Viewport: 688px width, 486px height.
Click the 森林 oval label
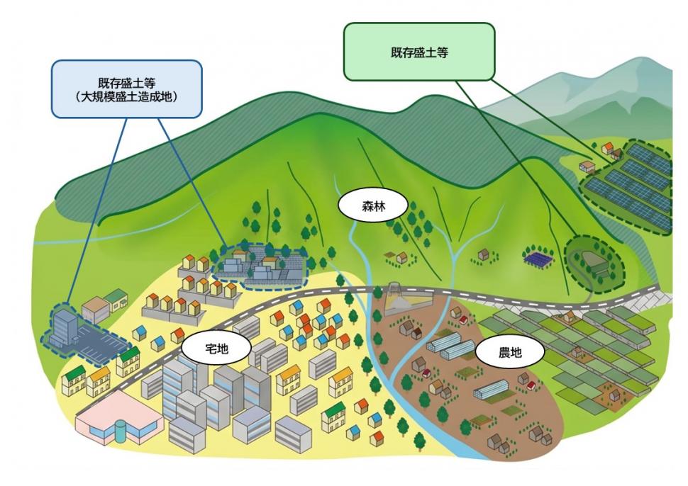[373, 205]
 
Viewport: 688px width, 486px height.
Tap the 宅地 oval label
[216, 349]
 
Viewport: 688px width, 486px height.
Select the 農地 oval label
[509, 352]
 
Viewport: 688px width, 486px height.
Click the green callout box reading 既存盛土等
[419, 52]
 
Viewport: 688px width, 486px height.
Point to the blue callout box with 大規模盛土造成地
[127, 89]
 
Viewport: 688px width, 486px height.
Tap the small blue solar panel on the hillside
[538, 258]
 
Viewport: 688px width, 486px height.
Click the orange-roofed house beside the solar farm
[608, 147]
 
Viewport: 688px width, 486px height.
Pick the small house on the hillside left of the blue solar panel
[484, 254]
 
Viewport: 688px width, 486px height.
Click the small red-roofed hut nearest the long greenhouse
[531, 385]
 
